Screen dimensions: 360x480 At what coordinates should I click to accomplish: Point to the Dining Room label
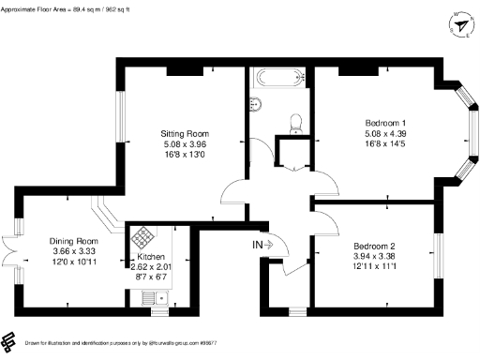(73, 241)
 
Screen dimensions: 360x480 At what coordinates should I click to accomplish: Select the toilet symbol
(296, 123)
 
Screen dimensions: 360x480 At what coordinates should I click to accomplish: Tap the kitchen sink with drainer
(151, 297)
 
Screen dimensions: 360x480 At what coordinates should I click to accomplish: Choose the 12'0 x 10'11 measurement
(73, 263)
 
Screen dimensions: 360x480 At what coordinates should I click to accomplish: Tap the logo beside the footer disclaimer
(10, 340)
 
